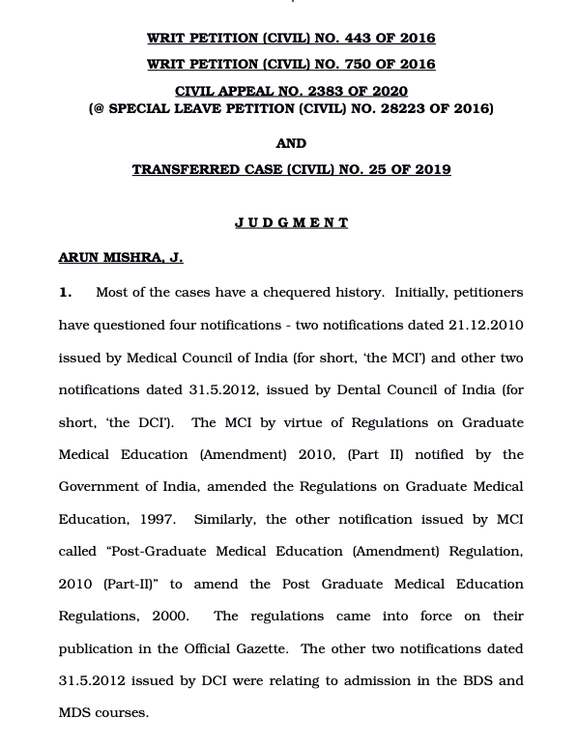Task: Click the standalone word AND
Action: point(291,143)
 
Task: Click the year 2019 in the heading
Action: point(432,169)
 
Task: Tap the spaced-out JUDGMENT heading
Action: point(291,222)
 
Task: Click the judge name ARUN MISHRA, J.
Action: point(120,257)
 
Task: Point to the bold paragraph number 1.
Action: point(65,292)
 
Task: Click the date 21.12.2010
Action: point(485,325)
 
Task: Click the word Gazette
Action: point(258,648)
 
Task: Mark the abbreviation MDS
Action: point(75,713)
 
